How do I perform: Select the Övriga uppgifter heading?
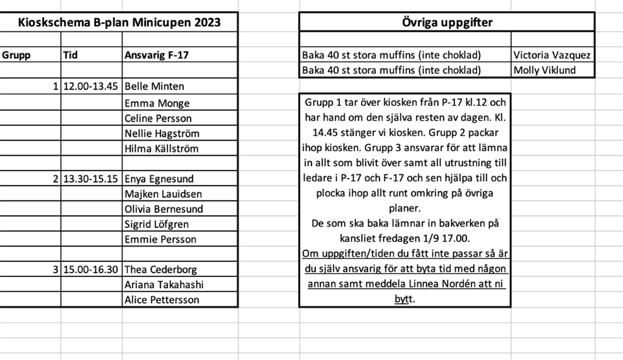[446, 23]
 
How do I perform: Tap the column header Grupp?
[16, 55]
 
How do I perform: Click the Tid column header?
[71, 55]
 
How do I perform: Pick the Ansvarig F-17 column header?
[156, 55]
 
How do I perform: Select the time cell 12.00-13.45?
[91, 86]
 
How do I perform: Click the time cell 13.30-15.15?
[91, 178]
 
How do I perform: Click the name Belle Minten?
[154, 86]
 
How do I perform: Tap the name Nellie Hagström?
[162, 134]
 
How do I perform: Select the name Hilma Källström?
[162, 149]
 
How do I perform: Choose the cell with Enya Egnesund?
[159, 178]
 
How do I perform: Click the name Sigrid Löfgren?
[157, 224]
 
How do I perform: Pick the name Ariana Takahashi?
[164, 285]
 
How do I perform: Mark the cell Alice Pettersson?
[162, 300]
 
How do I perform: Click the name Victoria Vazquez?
[552, 55]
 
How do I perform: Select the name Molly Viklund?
[544, 70]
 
